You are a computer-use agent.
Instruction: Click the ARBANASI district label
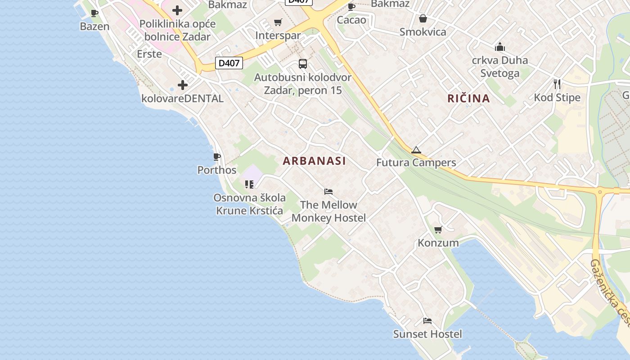coord(314,161)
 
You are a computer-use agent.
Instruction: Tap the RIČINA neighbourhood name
coord(468,98)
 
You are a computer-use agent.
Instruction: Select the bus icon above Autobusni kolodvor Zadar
coord(303,64)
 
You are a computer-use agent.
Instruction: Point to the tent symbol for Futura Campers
coord(416,150)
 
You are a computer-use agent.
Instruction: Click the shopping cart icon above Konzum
coord(438,230)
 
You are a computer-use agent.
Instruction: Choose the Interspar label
coord(278,35)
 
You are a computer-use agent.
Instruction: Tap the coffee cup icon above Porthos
coord(217,157)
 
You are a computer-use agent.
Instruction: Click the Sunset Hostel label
coord(427,334)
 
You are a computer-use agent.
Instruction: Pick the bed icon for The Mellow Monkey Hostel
coord(328,192)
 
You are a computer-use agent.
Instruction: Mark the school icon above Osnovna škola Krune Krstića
coord(249,184)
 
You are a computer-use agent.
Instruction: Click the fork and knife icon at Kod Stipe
coord(557,84)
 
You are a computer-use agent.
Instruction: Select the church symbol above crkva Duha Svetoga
coord(499,47)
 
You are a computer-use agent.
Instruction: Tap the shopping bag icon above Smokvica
coord(423,18)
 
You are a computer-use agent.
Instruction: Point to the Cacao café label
coord(351,20)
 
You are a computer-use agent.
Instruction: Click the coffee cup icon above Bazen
coord(94,13)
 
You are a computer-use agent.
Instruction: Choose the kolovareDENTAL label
coord(182,98)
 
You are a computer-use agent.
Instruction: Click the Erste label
coord(149,54)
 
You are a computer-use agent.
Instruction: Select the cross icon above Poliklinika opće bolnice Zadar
coord(177,10)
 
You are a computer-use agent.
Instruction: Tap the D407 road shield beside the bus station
coord(229,63)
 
